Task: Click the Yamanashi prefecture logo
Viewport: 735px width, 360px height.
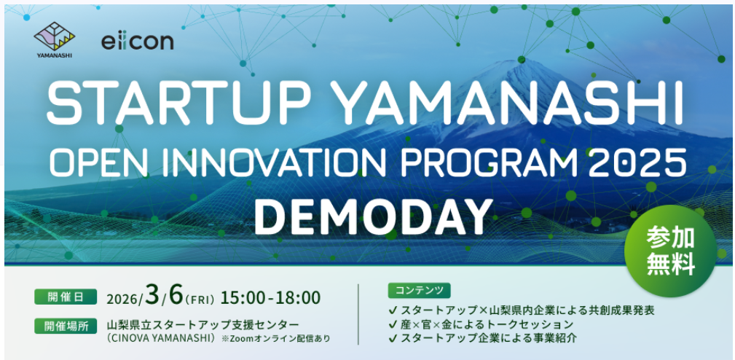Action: pos(55,39)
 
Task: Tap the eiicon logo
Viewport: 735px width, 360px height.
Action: pos(138,42)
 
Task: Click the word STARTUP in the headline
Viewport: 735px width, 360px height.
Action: pos(178,103)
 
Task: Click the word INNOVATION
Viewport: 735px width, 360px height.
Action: pos(270,163)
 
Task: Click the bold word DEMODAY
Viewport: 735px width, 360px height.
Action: pos(373,216)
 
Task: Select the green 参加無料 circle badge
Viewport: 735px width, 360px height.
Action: pos(670,251)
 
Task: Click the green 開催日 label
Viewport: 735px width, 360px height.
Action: pos(66,297)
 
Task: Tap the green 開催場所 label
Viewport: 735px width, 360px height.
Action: pos(66,326)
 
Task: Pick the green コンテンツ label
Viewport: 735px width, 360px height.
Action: pos(419,291)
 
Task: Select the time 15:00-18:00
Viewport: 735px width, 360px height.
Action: pos(271,297)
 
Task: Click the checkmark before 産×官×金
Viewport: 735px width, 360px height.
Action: pos(393,324)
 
